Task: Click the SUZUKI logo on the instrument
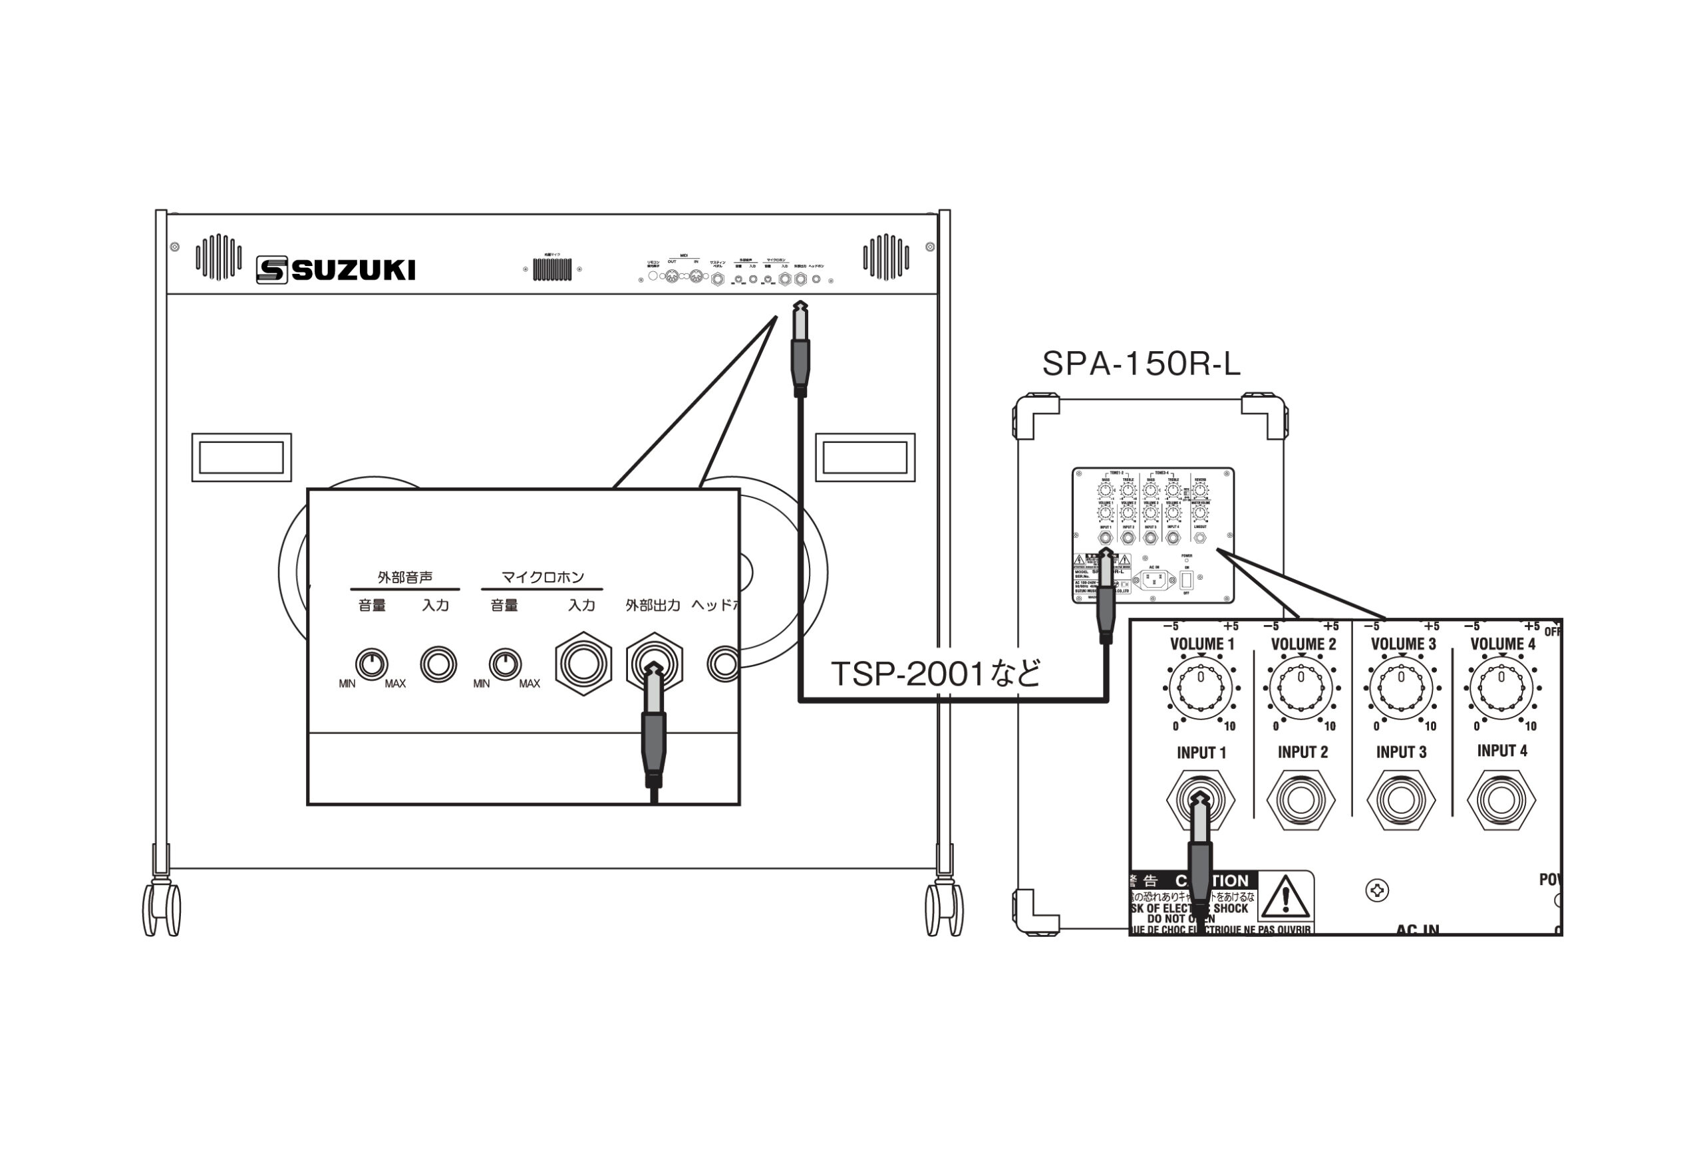(336, 269)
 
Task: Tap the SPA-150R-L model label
(1141, 363)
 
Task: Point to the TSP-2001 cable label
(936, 673)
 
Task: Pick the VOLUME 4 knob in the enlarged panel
(1501, 687)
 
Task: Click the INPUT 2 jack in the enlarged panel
(1301, 800)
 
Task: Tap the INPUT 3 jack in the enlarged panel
(1401, 800)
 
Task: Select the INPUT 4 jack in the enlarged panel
(1501, 799)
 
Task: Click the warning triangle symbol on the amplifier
(1285, 895)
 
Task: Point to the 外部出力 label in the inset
(652, 606)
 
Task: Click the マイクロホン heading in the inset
(542, 577)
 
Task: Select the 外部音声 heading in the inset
(404, 577)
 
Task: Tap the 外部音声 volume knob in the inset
(371, 664)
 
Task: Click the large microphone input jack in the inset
(583, 664)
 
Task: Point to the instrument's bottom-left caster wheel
(161, 908)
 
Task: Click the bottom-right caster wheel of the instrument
(944, 908)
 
